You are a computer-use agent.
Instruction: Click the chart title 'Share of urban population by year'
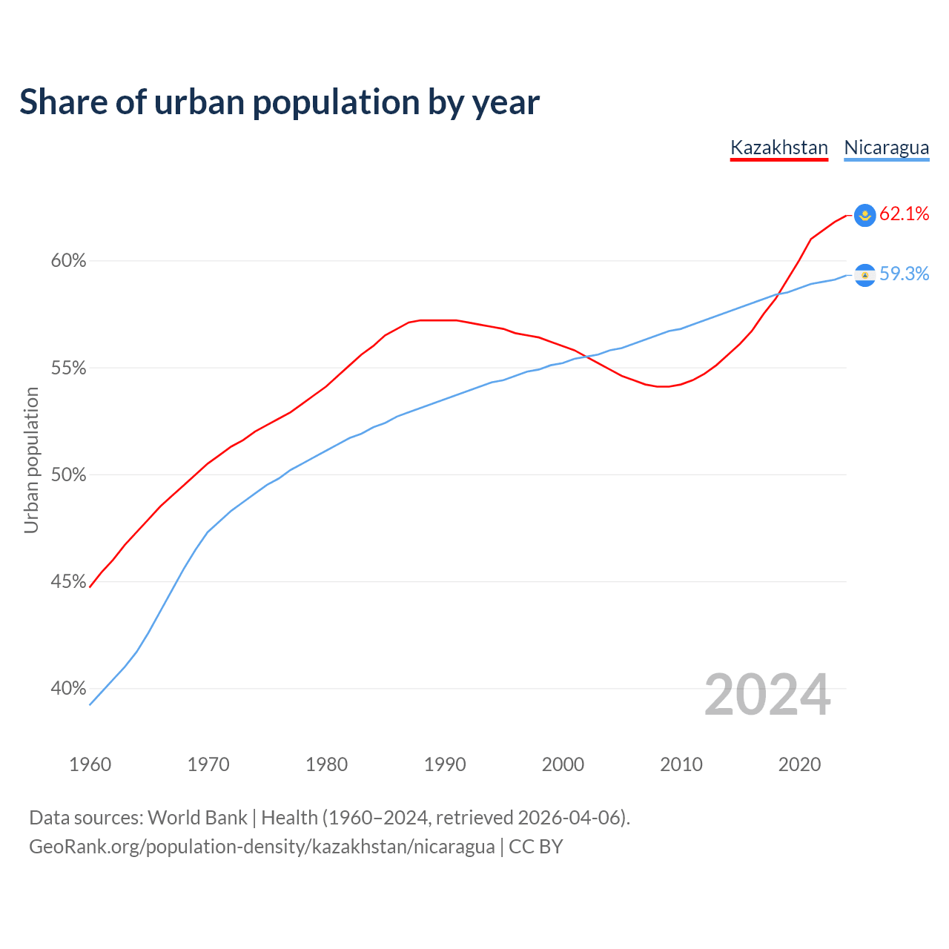click(x=280, y=102)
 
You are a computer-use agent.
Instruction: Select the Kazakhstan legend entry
click(x=778, y=148)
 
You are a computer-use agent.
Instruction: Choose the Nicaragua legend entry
click(x=886, y=148)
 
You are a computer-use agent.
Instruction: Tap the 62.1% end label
click(x=904, y=214)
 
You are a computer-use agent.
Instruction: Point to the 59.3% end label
click(x=904, y=274)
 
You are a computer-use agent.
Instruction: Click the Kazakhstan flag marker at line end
click(x=864, y=215)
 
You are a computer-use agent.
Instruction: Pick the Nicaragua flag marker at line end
click(x=864, y=275)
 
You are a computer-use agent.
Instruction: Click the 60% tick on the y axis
click(x=68, y=261)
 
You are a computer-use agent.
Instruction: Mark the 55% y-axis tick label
click(x=68, y=368)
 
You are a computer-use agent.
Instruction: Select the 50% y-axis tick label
click(x=68, y=475)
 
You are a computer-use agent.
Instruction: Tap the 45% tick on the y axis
click(x=68, y=582)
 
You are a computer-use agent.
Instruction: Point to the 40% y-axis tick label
click(x=68, y=689)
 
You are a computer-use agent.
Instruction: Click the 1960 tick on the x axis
click(x=90, y=764)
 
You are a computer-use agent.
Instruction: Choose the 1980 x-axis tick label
click(x=326, y=764)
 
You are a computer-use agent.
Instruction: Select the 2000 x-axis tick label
click(x=563, y=764)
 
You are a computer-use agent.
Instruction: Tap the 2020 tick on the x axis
click(x=799, y=764)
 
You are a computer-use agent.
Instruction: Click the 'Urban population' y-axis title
click(x=31, y=460)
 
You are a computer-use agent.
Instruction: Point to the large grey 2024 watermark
click(x=767, y=695)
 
